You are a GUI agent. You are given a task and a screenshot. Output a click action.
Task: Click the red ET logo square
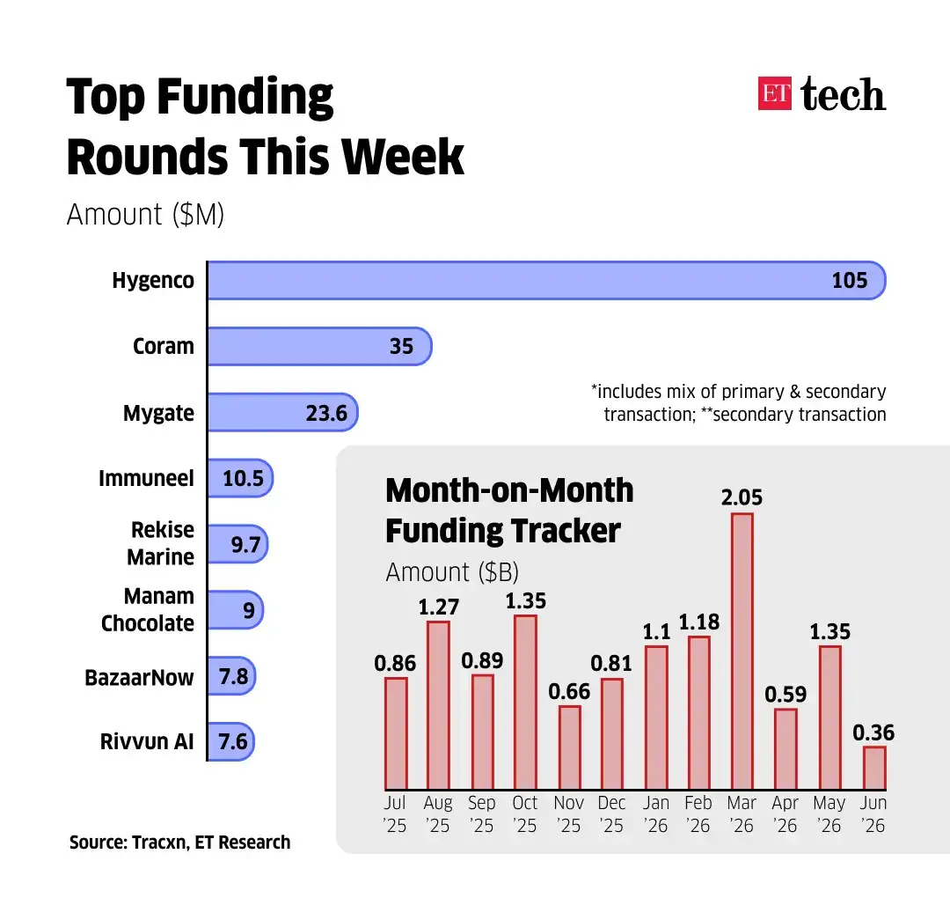pyautogui.click(x=774, y=93)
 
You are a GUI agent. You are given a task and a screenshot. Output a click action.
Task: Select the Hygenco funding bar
pyautogui.click(x=546, y=280)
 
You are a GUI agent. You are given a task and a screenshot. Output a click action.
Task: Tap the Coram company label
pyautogui.click(x=164, y=346)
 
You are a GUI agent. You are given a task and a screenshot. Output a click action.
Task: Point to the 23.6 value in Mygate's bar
pyautogui.click(x=326, y=413)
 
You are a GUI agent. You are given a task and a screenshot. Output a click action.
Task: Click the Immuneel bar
pyautogui.click(x=240, y=478)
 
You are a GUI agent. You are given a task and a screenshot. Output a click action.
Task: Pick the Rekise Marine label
pyautogui.click(x=161, y=543)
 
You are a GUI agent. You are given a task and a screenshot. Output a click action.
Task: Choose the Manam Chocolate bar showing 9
pyautogui.click(x=236, y=609)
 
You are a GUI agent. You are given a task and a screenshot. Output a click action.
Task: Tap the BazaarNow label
pyautogui.click(x=139, y=677)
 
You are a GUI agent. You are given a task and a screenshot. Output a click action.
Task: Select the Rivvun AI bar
pyautogui.click(x=230, y=741)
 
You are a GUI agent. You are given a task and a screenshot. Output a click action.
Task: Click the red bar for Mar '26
pyautogui.click(x=742, y=651)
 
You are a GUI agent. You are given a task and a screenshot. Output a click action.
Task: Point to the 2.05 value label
pyautogui.click(x=742, y=497)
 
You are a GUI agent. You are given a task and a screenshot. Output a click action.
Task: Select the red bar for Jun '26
pyautogui.click(x=874, y=768)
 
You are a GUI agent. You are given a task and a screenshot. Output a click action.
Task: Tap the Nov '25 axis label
pyautogui.click(x=568, y=813)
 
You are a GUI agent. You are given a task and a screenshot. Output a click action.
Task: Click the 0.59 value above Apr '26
pyautogui.click(x=786, y=695)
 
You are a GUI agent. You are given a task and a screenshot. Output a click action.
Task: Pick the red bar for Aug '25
pyautogui.click(x=438, y=705)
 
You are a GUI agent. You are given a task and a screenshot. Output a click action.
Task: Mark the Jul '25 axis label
pyautogui.click(x=394, y=813)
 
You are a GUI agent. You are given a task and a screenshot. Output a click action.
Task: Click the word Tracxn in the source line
pyautogui.click(x=160, y=843)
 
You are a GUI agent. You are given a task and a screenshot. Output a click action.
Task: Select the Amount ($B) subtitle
pyautogui.click(x=452, y=572)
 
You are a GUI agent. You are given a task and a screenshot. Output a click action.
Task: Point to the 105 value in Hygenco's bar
pyautogui.click(x=850, y=280)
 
